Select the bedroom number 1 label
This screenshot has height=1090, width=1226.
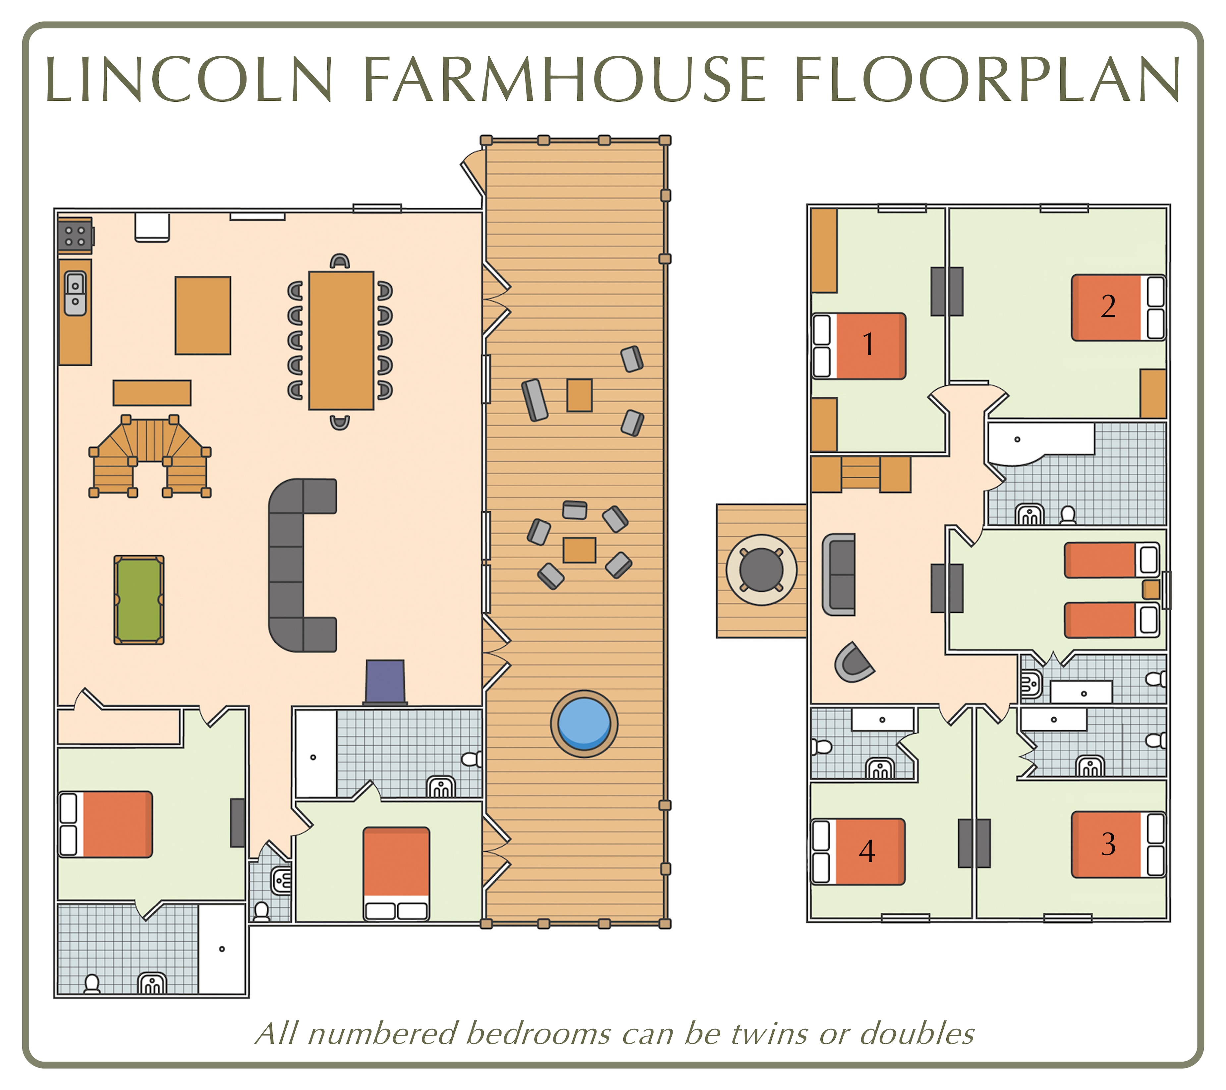[867, 344]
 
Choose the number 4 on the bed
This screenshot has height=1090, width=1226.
[867, 851]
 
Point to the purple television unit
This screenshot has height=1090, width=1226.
[385, 682]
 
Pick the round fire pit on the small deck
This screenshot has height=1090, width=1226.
[761, 570]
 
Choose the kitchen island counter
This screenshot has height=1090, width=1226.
[203, 316]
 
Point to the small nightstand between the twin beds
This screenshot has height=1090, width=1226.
[1151, 590]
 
